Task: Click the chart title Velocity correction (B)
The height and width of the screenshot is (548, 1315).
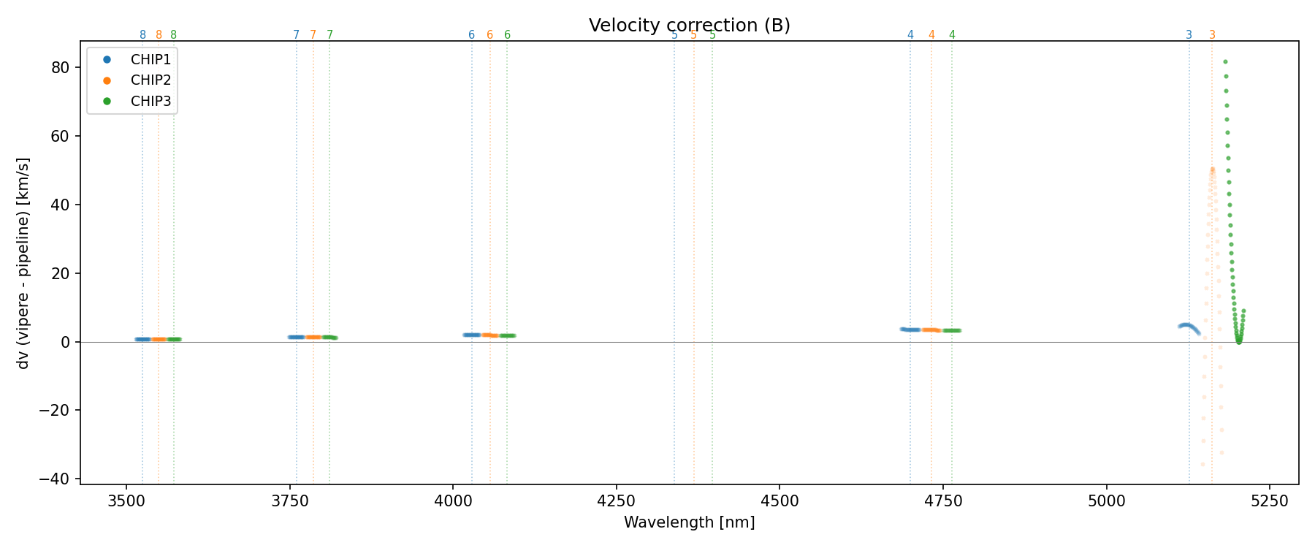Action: pos(689,26)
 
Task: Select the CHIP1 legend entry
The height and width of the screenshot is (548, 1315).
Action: pos(150,60)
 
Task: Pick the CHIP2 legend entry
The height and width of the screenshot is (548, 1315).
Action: pos(150,80)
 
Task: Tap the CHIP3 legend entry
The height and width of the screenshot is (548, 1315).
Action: pos(150,102)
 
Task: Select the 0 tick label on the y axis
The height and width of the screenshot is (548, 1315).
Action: pos(65,342)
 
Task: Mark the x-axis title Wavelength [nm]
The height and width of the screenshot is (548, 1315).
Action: pos(689,522)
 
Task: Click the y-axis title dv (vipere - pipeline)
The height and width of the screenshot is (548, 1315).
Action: pos(23,263)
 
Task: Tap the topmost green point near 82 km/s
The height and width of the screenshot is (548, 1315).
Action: pos(1225,62)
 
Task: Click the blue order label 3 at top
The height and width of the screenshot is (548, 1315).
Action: pos(1189,35)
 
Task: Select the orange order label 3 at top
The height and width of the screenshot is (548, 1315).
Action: pos(1212,35)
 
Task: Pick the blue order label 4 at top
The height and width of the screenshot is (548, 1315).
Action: pos(910,35)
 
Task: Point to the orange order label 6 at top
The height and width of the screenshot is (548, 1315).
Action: pos(489,35)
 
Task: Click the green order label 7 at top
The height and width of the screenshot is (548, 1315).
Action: pos(329,35)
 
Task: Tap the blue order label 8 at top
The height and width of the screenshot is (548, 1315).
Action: pos(142,35)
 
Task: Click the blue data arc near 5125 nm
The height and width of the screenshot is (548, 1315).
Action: pos(1187,325)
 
